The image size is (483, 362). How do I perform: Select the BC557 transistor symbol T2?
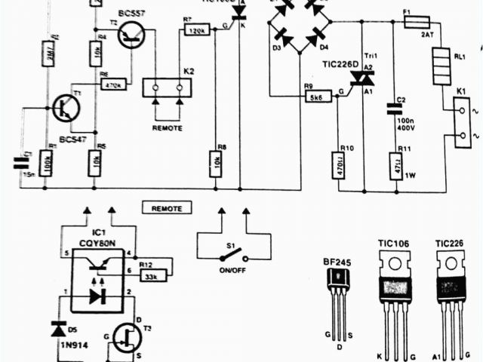click(x=133, y=34)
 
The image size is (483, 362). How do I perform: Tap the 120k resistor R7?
click(x=196, y=29)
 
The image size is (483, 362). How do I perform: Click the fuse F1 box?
click(x=418, y=23)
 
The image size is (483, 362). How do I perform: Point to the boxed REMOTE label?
click(x=167, y=207)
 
